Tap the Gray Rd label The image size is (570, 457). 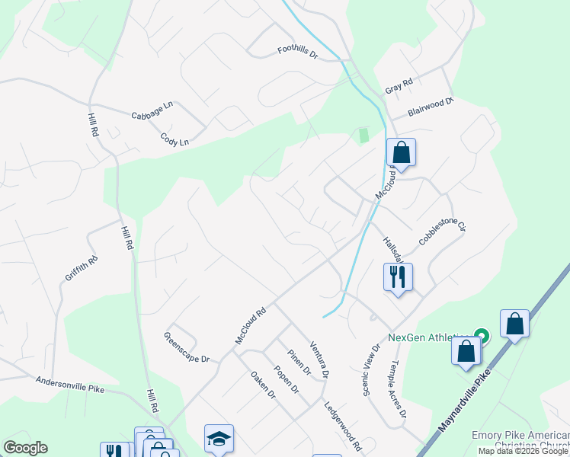(399, 86)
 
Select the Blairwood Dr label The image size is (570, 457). (431, 106)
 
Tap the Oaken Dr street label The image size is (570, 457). (262, 385)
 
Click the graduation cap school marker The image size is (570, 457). (219, 439)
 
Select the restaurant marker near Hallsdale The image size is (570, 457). (398, 276)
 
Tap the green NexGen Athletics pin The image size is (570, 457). (481, 335)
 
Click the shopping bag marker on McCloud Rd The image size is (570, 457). (401, 152)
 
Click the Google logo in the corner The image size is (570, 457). (25, 448)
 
